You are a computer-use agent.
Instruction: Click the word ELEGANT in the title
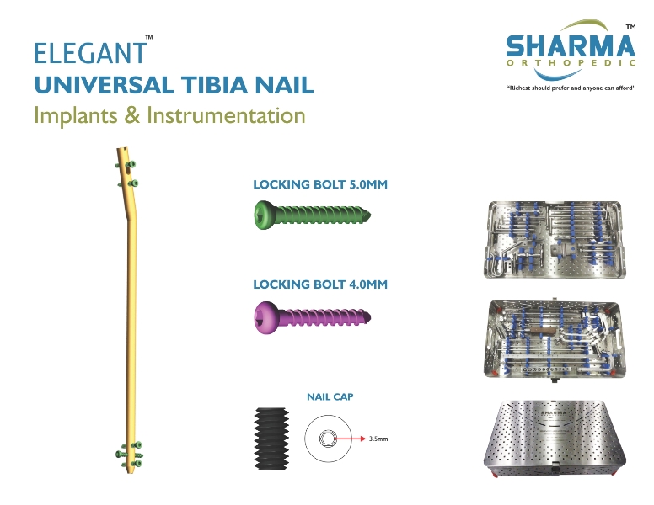click(x=90, y=53)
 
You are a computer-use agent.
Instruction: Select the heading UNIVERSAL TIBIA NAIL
click(x=174, y=85)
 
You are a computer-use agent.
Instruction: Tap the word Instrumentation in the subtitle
click(x=226, y=115)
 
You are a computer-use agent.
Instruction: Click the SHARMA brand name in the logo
click(x=571, y=46)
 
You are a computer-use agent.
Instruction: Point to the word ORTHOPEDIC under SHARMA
click(x=571, y=63)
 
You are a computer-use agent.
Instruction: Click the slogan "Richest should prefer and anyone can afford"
click(x=571, y=88)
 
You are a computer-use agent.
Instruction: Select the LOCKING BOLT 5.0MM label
click(x=320, y=184)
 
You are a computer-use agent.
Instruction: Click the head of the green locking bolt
click(x=265, y=215)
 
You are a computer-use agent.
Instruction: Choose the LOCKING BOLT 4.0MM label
click(x=320, y=284)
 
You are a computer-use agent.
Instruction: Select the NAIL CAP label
click(x=330, y=396)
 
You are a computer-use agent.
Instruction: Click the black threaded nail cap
click(x=271, y=439)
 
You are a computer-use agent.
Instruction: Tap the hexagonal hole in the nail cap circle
click(x=327, y=439)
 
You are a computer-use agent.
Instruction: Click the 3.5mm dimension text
click(x=378, y=439)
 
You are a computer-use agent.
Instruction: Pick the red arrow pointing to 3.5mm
click(x=350, y=439)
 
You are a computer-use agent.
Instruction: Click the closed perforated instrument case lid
click(x=555, y=439)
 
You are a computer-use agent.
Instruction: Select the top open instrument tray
click(x=555, y=240)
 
